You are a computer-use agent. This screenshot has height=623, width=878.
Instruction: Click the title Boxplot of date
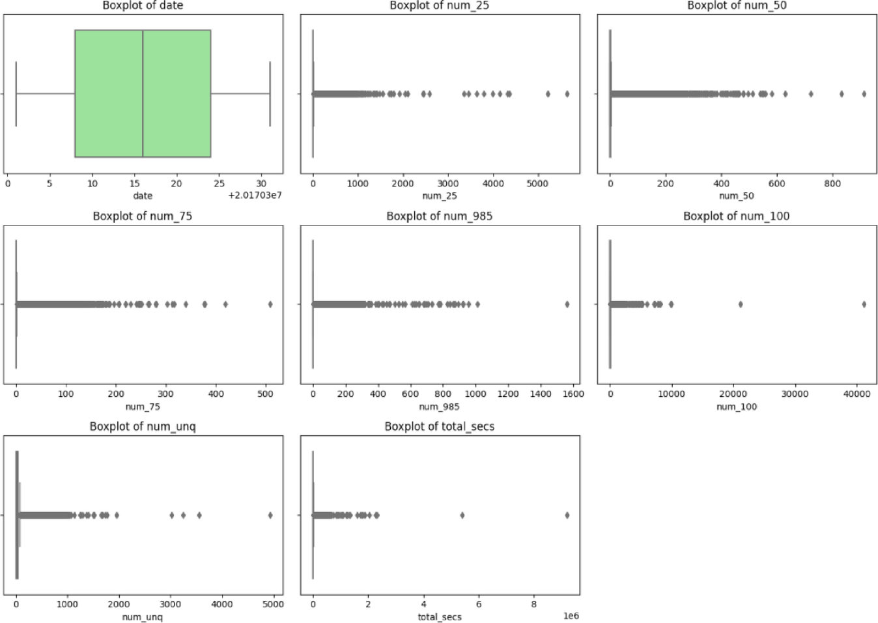click(143, 6)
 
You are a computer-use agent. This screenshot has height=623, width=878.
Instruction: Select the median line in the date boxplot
click(143, 93)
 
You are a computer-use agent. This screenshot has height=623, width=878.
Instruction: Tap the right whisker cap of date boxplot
click(270, 94)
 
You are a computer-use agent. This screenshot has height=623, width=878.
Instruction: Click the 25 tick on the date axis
click(219, 184)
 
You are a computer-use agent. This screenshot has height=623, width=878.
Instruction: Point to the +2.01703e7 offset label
click(255, 196)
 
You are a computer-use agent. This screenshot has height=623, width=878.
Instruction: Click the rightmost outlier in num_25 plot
click(567, 94)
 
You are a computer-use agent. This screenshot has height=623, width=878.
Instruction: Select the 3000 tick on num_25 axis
click(447, 184)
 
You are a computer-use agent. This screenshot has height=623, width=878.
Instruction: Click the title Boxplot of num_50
click(737, 6)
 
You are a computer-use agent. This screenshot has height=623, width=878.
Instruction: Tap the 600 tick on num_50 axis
click(776, 184)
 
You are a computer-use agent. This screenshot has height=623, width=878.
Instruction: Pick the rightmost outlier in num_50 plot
click(864, 94)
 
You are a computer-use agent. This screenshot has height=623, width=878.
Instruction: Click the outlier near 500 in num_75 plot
click(270, 304)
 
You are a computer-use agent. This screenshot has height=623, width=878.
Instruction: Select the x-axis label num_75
click(143, 407)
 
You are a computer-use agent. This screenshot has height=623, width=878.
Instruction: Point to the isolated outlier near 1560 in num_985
click(567, 304)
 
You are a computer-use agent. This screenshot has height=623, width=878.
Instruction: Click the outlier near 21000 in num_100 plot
click(740, 304)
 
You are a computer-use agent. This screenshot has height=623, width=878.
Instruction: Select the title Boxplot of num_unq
click(143, 427)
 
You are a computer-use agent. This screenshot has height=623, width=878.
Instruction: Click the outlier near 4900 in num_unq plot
click(270, 515)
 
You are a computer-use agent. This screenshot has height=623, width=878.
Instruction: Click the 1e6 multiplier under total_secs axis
click(570, 616)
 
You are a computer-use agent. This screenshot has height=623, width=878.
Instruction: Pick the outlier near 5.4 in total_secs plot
click(462, 515)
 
